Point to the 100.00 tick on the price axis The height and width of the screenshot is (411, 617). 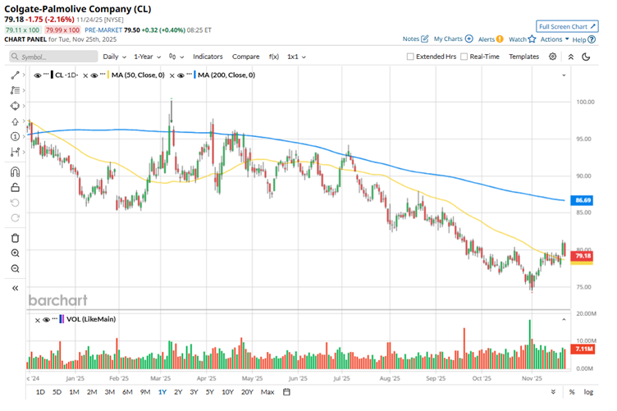coord(585,102)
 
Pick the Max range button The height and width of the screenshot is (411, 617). coord(267,392)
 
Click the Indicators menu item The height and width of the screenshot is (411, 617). coord(208,57)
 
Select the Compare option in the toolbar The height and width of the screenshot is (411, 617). coord(246,57)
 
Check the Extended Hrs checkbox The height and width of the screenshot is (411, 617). coord(411,57)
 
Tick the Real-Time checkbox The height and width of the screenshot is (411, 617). coord(464,57)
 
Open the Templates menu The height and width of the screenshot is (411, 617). coord(523,57)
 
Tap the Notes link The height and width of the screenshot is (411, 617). coord(415,39)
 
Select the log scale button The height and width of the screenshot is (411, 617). coord(588,392)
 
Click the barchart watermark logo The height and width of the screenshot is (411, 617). coord(57,300)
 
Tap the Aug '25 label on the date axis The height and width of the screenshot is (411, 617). coord(390,379)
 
